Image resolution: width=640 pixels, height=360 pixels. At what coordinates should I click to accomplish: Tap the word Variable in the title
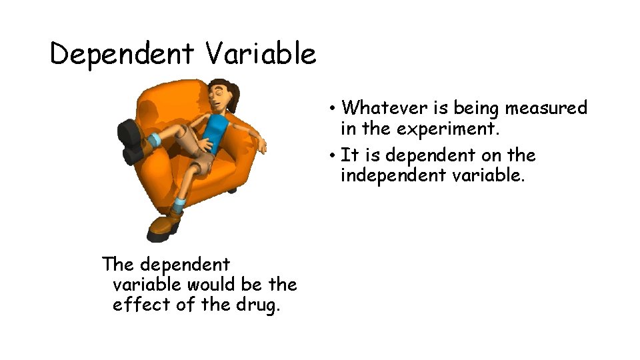pyautogui.click(x=261, y=53)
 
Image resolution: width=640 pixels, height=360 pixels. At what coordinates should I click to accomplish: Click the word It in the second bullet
pyautogui.click(x=349, y=155)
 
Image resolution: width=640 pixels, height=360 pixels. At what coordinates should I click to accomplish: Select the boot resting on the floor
pyautogui.click(x=164, y=224)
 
